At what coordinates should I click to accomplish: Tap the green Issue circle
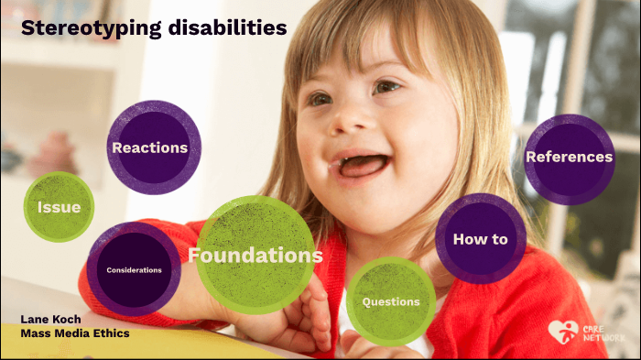tap(60, 207)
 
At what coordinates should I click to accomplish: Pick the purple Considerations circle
tap(134, 269)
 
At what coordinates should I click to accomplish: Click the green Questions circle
tap(391, 301)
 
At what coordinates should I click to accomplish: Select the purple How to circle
tap(480, 238)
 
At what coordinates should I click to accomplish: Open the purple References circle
tap(569, 158)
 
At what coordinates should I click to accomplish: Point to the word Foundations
tap(256, 255)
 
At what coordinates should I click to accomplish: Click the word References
tap(569, 158)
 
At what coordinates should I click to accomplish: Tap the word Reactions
tap(149, 147)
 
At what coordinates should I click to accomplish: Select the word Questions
tap(391, 301)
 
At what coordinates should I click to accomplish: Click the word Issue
tap(60, 207)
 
